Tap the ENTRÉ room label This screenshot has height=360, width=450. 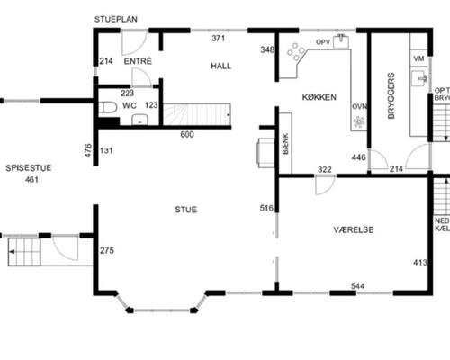coord(138,61)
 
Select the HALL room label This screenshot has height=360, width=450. coord(221,67)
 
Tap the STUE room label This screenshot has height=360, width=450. coord(186,210)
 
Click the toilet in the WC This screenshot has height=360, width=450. coord(108,108)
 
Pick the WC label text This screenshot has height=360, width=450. coord(129,106)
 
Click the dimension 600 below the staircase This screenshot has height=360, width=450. coord(186,135)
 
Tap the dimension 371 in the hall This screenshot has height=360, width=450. coord(219,39)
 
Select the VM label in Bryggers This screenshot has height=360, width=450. coord(418,58)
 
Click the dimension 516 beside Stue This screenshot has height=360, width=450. coord(266,209)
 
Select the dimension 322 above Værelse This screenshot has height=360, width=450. coord(325,169)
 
